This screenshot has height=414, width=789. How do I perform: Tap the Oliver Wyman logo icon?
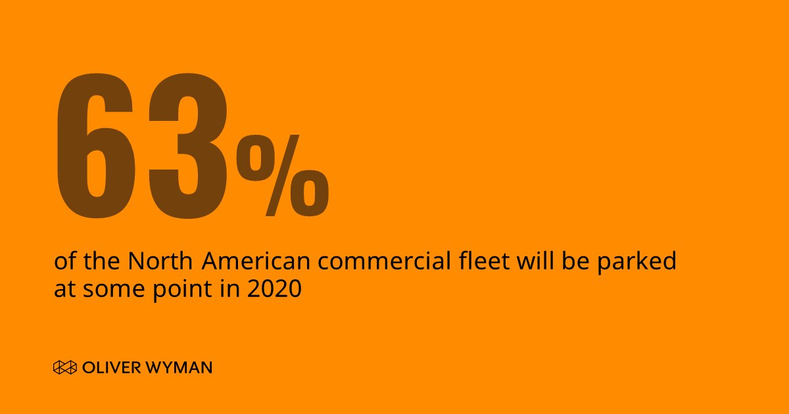tap(65, 367)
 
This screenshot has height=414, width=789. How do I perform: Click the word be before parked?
tap(577, 262)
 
